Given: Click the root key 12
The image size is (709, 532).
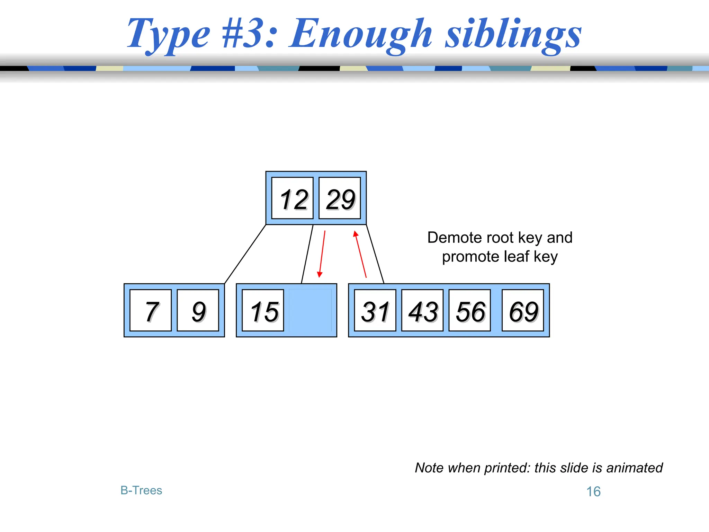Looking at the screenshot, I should coord(293,198).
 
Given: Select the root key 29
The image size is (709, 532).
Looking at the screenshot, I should coord(340,198).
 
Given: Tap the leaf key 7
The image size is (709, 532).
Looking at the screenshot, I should coord(151,310).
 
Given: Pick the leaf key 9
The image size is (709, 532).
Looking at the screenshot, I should coord(198,310).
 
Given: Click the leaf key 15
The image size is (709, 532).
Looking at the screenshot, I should coord(263,310).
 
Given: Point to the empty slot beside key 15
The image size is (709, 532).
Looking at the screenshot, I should coord(310,310).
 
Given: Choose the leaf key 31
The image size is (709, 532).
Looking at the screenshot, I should coord(375,310).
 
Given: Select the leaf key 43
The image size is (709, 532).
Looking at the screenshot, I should coord(422,310).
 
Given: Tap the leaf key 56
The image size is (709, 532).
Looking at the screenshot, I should coord(469,310).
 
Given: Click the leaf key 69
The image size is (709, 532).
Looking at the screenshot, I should coord(523,310).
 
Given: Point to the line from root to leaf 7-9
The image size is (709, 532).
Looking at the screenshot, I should coord(245,254).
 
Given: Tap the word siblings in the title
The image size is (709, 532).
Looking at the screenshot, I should coord(513,35).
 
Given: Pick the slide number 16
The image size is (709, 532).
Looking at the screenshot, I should coord(593,491).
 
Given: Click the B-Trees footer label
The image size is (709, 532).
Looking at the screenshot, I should coord(141,490).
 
